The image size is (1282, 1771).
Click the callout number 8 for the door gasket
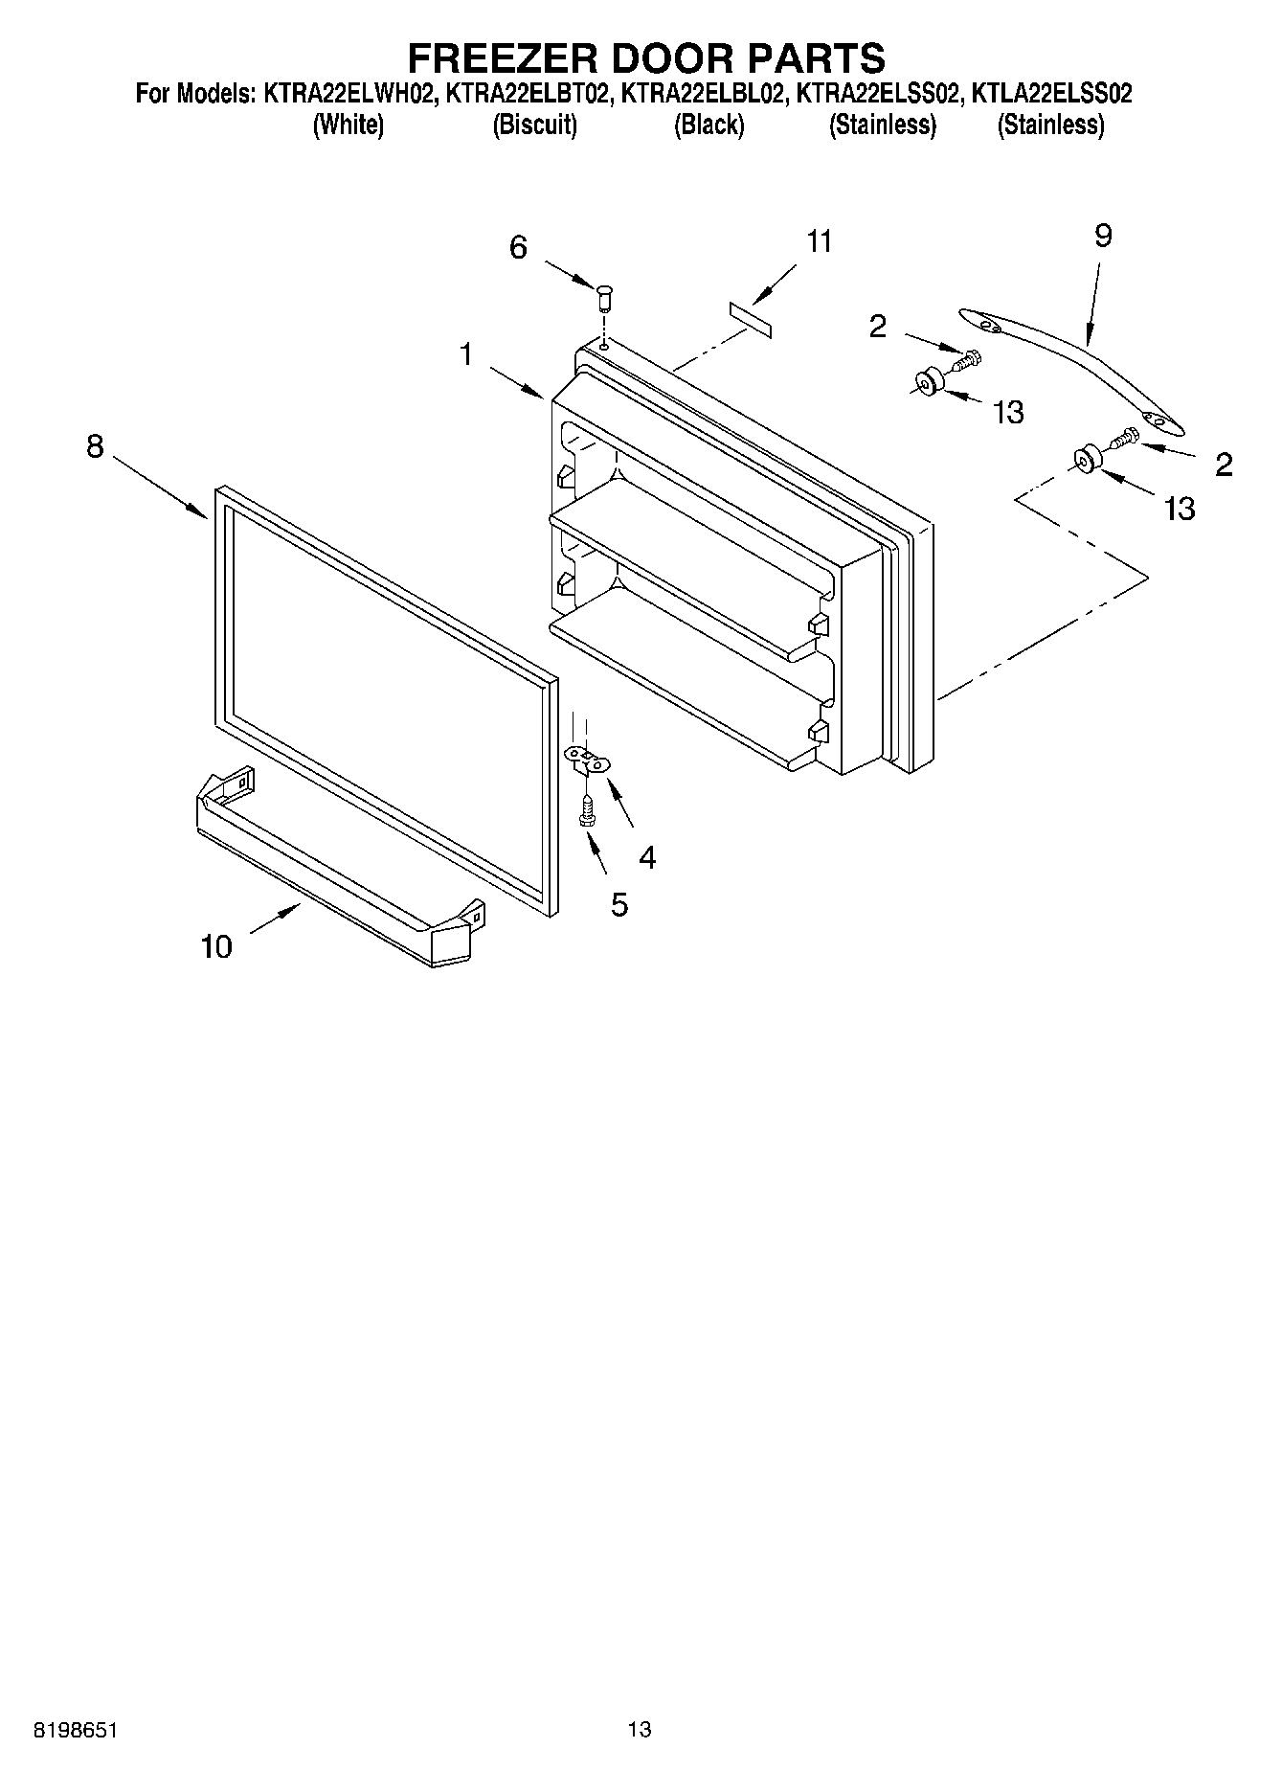click(x=94, y=446)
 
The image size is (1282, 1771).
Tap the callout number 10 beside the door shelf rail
click(x=216, y=947)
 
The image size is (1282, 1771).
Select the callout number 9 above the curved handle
click(x=1103, y=236)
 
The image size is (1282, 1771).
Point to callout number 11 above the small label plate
click(x=820, y=241)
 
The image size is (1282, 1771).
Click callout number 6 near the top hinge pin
click(x=518, y=248)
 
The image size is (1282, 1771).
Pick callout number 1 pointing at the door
click(x=465, y=355)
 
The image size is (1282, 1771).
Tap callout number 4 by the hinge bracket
click(x=647, y=858)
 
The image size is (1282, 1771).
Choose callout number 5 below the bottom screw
click(x=619, y=904)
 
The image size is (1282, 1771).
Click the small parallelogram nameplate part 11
click(x=752, y=318)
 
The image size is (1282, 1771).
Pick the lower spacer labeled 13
click(x=1086, y=459)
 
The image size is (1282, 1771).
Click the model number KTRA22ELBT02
click(x=528, y=95)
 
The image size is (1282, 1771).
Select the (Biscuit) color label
click(x=534, y=125)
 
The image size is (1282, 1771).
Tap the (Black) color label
click(x=708, y=125)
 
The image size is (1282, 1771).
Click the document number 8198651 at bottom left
click(x=76, y=1730)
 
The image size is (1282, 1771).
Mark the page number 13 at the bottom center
click(x=640, y=1730)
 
